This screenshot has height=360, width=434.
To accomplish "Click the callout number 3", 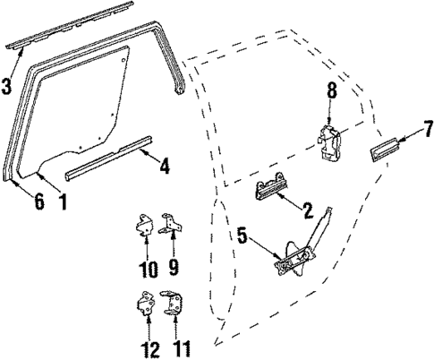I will (x=6, y=86).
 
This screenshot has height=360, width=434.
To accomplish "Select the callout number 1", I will (x=62, y=201).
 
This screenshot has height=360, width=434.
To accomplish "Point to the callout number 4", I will (x=163, y=165).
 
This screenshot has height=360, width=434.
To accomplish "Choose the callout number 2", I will (x=307, y=211).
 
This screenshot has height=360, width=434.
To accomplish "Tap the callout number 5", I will (x=241, y=236).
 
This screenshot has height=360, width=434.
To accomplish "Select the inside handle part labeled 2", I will (x=272, y=190).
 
